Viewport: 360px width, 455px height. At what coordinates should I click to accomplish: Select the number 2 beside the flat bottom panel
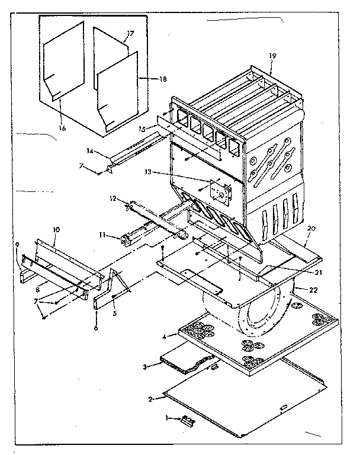coord(151,399)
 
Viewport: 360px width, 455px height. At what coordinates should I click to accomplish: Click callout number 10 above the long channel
coord(57,229)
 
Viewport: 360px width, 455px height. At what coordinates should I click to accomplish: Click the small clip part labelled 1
coord(188,421)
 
